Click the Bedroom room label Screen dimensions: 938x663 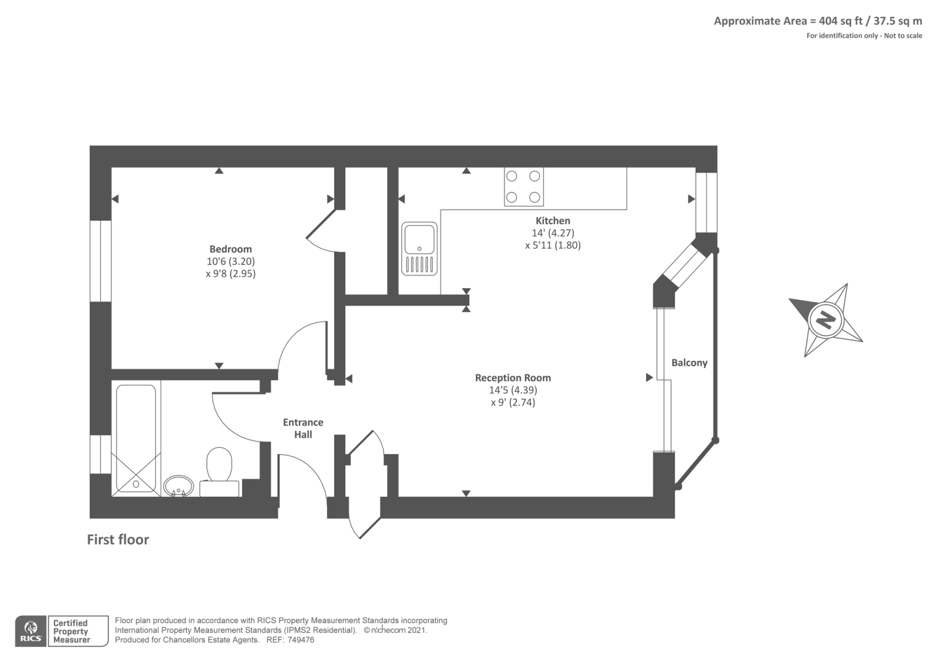pos(230,249)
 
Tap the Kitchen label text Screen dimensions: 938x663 pos(553,221)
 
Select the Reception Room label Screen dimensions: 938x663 pos(513,378)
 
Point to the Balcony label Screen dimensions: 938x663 pos(689,363)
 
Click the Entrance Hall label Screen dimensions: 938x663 pos(303,428)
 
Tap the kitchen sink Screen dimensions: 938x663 pos(419,249)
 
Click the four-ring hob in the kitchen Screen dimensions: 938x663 pos(524,187)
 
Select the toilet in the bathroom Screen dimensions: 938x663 pos(219,472)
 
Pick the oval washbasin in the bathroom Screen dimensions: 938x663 pos(178,486)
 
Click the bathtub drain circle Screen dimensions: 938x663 pos(136,484)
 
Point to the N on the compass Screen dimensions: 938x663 pos(825,321)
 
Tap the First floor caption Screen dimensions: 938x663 pos(118,540)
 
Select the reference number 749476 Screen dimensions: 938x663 pos(301,640)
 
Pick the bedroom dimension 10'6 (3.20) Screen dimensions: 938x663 pos(230,262)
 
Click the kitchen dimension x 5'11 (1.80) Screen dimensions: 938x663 pos(553,245)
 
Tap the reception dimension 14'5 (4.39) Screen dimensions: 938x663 pos(513,390)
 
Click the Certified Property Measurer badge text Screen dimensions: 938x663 pos(71,631)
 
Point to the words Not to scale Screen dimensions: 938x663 pos(903,36)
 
